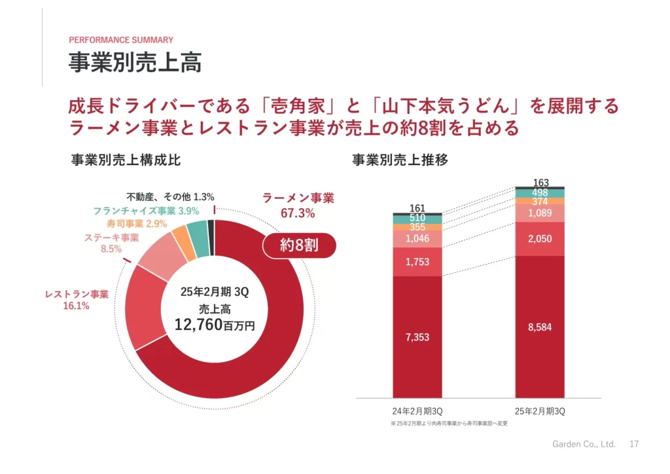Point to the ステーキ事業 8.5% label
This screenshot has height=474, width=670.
(112, 243)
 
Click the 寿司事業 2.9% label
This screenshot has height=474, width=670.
(137, 224)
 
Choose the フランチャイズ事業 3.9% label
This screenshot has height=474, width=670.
(145, 211)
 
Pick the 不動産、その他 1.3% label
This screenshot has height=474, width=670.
(170, 196)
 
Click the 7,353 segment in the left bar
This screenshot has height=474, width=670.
(417, 337)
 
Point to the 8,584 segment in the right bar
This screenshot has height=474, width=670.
(540, 327)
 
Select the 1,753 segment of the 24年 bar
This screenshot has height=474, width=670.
(417, 262)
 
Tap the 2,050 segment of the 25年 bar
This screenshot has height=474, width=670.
(540, 239)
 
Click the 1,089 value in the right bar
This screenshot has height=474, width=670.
(540, 213)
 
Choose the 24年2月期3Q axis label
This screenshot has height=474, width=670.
(417, 411)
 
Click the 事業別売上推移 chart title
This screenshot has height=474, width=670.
(400, 160)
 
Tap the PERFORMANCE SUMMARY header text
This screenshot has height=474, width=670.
(121, 40)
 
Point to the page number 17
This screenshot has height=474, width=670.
(633, 444)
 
